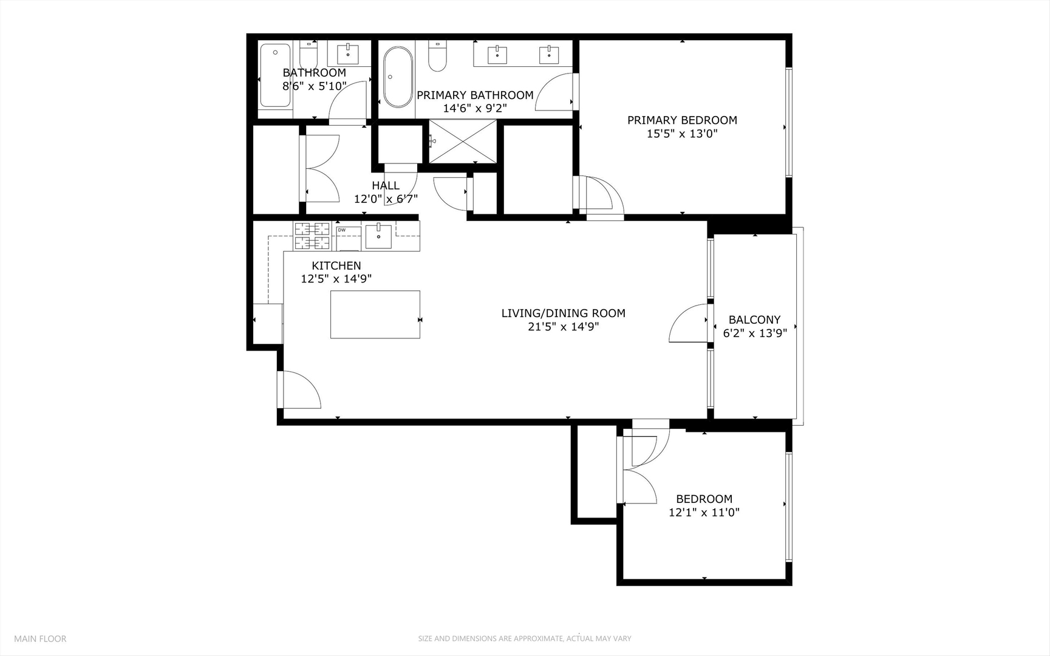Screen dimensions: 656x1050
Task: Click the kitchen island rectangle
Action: pyautogui.click(x=375, y=314)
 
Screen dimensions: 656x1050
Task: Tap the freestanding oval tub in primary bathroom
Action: pyautogui.click(x=397, y=77)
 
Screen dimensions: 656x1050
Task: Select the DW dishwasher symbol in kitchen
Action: pyautogui.click(x=348, y=236)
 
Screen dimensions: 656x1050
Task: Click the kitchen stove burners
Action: pyautogui.click(x=312, y=236)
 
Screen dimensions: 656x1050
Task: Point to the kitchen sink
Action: pyautogui.click(x=378, y=236)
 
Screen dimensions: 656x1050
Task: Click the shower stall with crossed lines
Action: pyautogui.click(x=462, y=142)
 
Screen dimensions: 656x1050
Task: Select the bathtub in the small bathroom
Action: pyautogui.click(x=274, y=75)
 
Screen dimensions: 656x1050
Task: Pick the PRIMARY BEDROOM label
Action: pyautogui.click(x=682, y=120)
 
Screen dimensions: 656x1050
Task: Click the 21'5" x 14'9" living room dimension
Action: pyautogui.click(x=563, y=327)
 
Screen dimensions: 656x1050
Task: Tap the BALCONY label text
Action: pyautogui.click(x=754, y=319)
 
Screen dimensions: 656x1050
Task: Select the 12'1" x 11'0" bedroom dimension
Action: pyautogui.click(x=704, y=512)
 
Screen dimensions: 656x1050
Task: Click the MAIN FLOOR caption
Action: pyautogui.click(x=40, y=638)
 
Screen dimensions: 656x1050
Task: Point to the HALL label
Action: pyautogui.click(x=386, y=185)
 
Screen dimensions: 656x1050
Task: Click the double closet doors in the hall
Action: pyautogui.click(x=321, y=168)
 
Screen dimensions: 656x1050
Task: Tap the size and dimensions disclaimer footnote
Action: pyautogui.click(x=524, y=638)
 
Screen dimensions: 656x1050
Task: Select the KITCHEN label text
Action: pyautogui.click(x=336, y=265)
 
